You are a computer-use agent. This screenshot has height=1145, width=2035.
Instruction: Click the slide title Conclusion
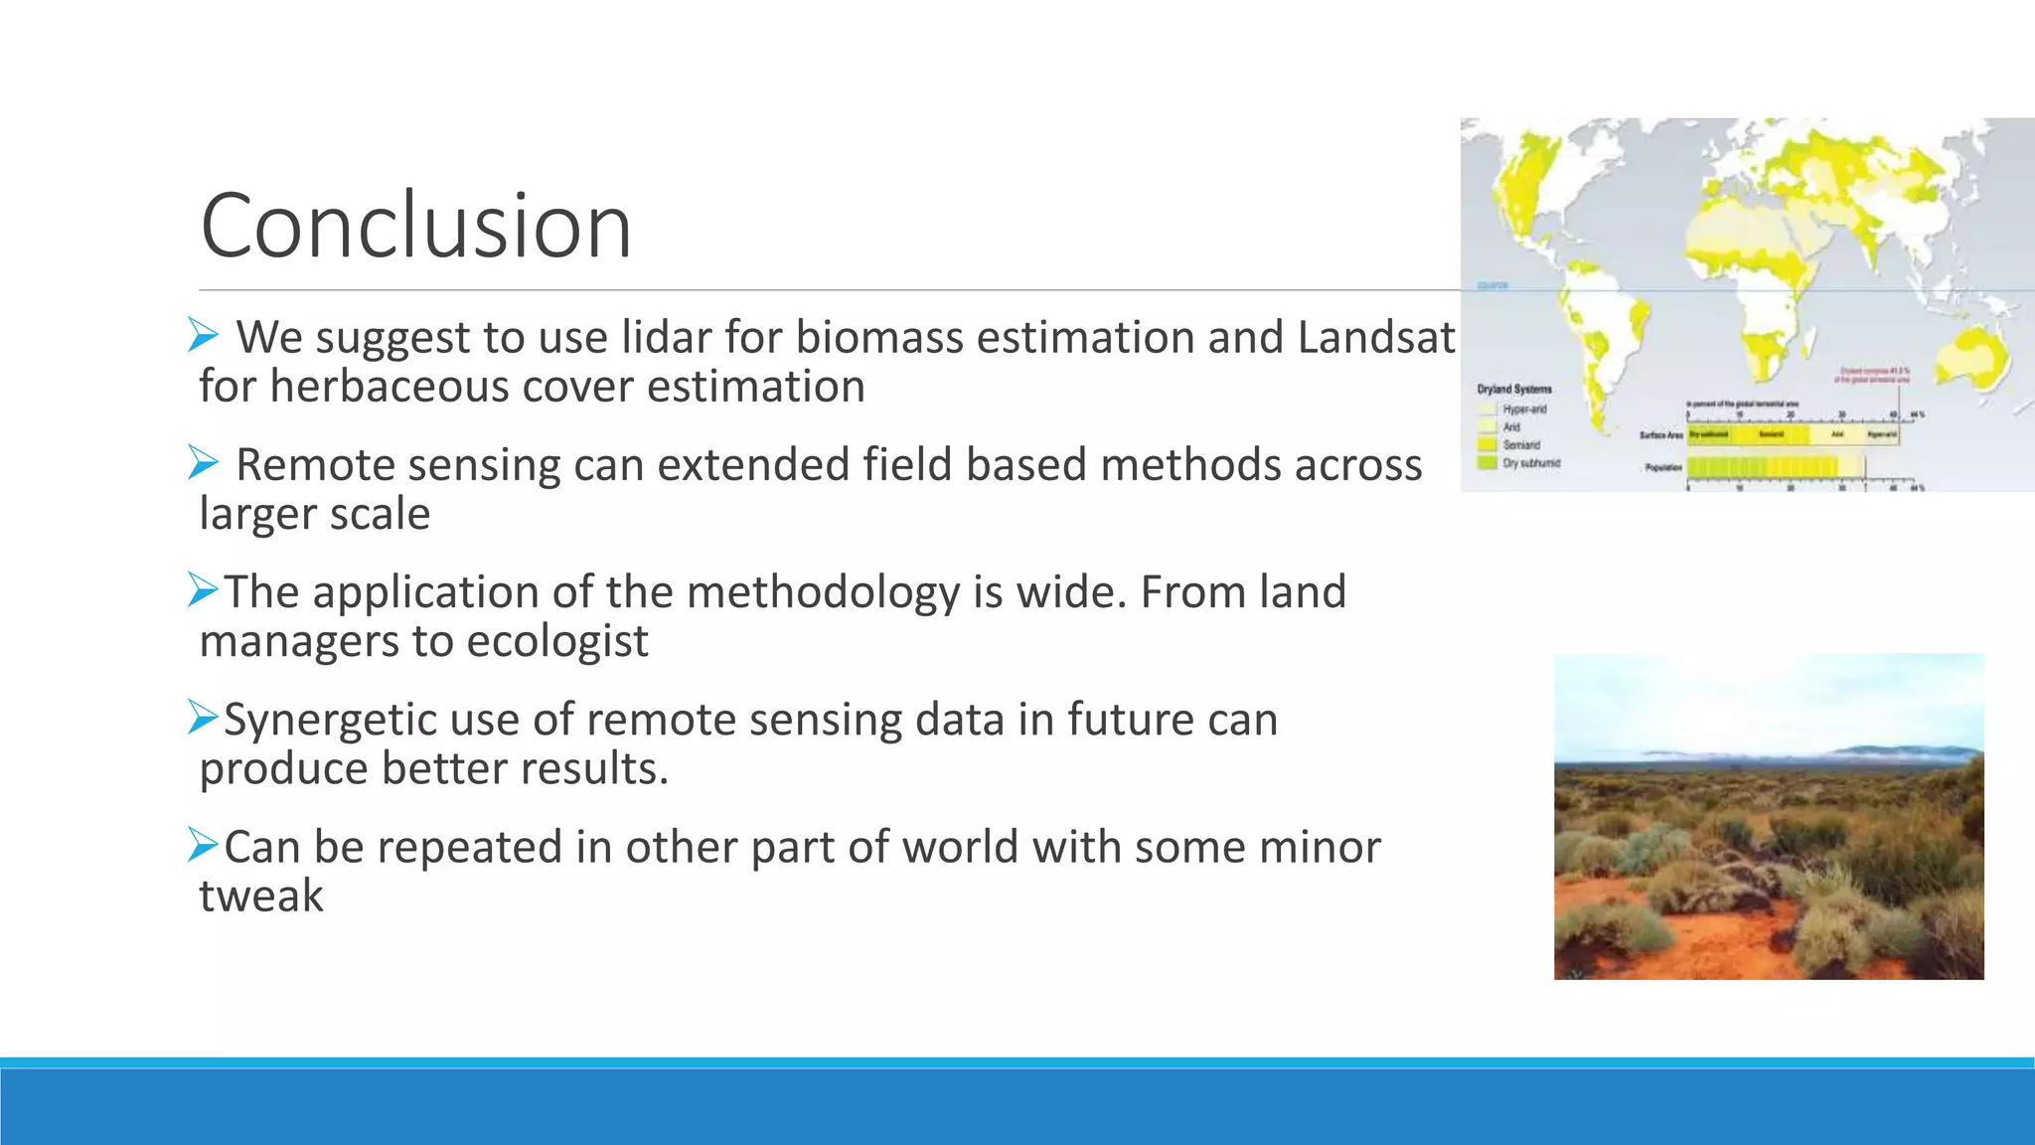[415, 226]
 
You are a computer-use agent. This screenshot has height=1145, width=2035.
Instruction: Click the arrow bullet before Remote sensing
[203, 463]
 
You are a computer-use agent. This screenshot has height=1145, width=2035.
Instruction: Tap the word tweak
[260, 896]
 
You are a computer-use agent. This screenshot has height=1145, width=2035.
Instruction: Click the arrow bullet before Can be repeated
[203, 846]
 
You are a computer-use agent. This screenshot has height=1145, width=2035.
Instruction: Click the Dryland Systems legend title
[1513, 389]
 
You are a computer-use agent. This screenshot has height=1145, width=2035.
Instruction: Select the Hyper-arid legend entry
[1523, 409]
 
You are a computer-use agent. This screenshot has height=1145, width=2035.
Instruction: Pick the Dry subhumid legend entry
[1530, 463]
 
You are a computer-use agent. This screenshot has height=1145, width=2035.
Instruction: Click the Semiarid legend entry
[1520, 444]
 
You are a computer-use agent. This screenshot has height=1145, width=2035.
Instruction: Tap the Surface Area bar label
[1660, 435]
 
